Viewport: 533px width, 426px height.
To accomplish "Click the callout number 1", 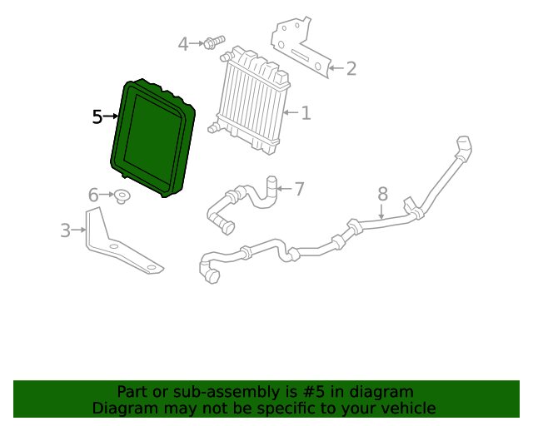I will pyautogui.click(x=306, y=112).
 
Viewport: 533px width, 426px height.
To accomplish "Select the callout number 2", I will pyautogui.click(x=351, y=68).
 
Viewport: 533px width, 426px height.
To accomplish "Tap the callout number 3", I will pyautogui.click(x=66, y=230).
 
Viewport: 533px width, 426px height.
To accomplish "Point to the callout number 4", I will pyautogui.click(x=183, y=44).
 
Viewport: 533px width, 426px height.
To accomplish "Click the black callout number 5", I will pyautogui.click(x=97, y=117).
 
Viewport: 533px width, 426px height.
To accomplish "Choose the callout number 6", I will pyautogui.click(x=94, y=196).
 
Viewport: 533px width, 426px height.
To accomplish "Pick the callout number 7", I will pyautogui.click(x=300, y=189).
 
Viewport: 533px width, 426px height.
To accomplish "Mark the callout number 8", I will pyautogui.click(x=382, y=194).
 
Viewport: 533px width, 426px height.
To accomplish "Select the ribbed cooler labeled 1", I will pyautogui.click(x=252, y=100).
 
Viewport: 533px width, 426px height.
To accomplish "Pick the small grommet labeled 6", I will pyautogui.click(x=122, y=196).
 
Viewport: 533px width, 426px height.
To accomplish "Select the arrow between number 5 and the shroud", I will pyautogui.click(x=112, y=117).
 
